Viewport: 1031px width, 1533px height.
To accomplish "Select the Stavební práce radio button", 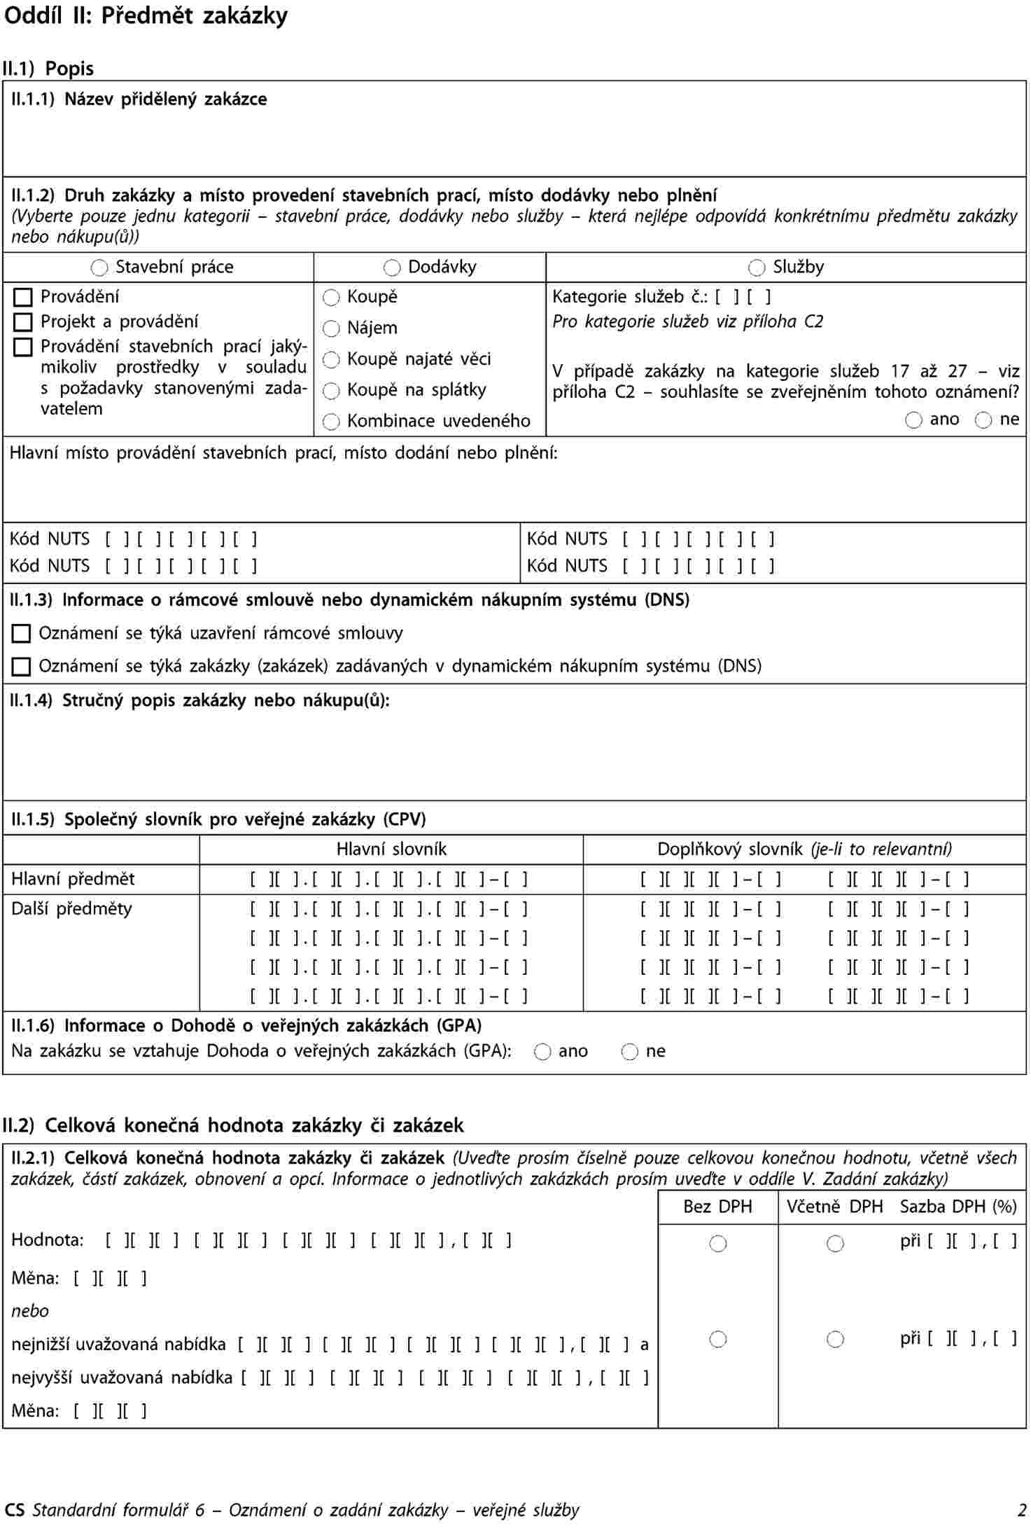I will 100,268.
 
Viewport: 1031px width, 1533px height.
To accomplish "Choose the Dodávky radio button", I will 392,268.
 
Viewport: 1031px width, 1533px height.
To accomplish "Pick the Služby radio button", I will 757,268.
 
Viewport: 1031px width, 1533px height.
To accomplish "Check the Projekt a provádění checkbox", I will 23,322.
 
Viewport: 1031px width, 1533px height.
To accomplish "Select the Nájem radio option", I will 331,328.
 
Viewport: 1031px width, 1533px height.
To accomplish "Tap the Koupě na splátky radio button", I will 331,390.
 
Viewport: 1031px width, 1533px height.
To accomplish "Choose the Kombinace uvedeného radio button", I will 331,422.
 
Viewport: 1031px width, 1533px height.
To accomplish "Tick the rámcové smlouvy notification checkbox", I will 22,634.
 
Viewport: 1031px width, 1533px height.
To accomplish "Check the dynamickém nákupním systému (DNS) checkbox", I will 22,667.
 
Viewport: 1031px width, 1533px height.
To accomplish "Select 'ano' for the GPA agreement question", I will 542,1052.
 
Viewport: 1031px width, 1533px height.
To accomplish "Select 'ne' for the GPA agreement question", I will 630,1052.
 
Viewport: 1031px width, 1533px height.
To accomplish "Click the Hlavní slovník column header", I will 391,849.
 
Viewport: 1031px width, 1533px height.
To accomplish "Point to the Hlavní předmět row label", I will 73,879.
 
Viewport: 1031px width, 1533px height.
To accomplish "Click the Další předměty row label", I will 71,909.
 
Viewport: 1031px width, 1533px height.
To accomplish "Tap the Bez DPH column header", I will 717,1207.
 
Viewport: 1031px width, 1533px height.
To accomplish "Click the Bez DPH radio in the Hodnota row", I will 718,1244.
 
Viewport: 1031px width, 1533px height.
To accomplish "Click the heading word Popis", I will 69,69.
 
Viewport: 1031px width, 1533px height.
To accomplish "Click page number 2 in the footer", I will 1022,1510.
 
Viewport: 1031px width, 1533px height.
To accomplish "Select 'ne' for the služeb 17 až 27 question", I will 983,420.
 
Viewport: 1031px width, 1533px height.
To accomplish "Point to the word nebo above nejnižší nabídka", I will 30,1311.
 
